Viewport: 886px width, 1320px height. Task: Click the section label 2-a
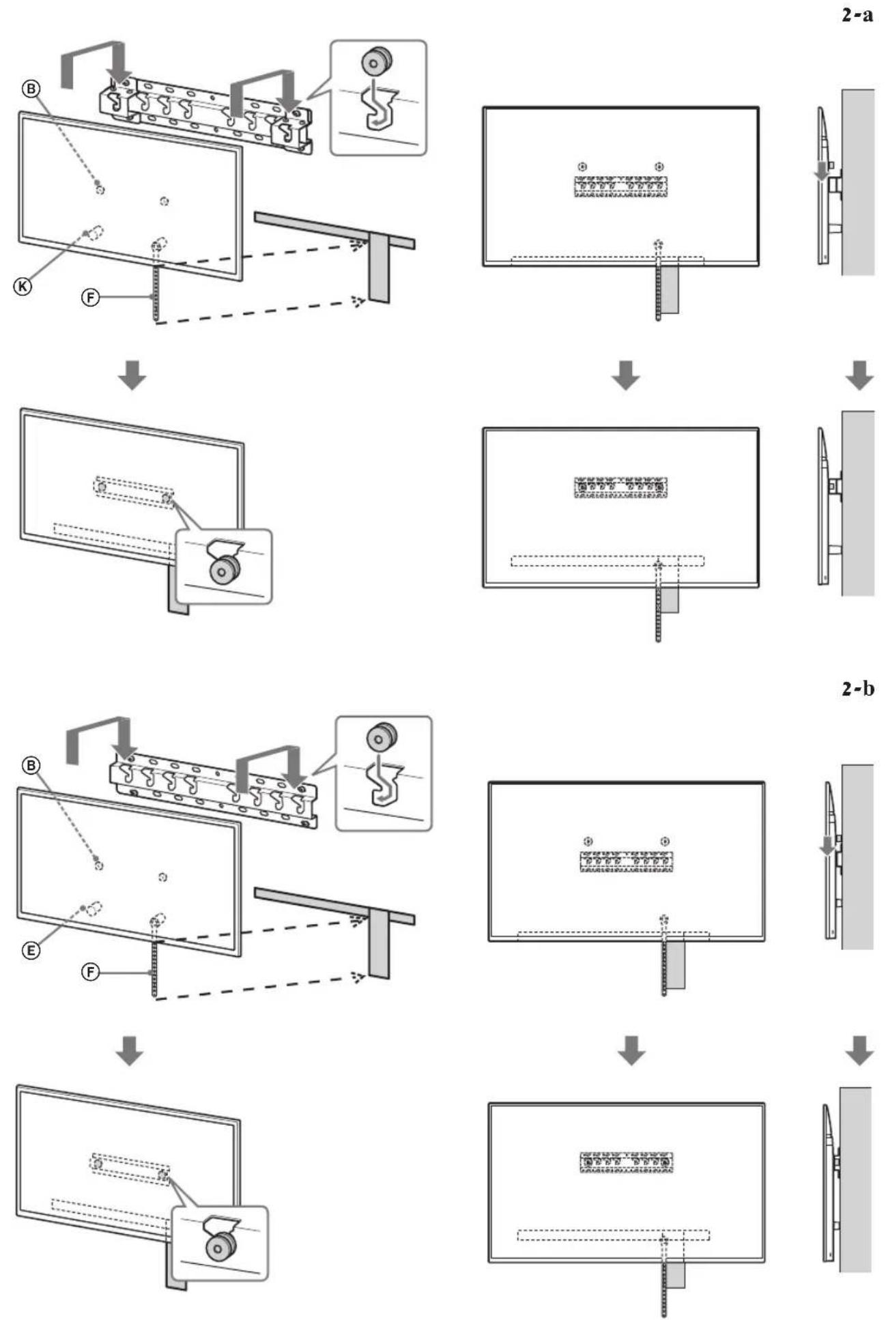[857, 16]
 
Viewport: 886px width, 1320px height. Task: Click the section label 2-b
[857, 689]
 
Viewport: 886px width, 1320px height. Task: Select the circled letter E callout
[31, 950]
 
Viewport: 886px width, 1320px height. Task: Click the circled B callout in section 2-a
[31, 87]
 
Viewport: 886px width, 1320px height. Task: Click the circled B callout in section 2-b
[31, 765]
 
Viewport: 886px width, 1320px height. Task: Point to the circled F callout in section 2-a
[89, 297]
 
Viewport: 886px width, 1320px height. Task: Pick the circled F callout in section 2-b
[89, 973]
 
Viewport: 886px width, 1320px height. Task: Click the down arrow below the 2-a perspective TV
[131, 377]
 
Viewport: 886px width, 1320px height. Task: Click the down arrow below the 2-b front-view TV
[631, 1052]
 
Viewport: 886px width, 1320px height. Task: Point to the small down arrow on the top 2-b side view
[827, 847]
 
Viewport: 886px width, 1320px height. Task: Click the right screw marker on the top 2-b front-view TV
[665, 841]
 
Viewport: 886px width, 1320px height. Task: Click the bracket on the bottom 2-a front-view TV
[620, 487]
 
